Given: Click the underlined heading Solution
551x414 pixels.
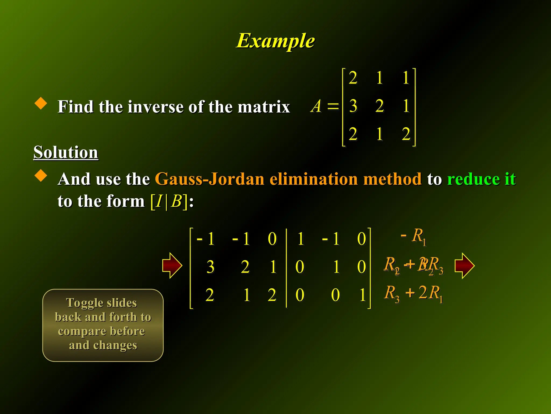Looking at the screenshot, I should [66, 152].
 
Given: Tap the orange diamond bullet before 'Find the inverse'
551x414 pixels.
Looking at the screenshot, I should [41, 103].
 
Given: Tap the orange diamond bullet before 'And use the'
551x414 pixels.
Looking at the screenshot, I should [41, 175].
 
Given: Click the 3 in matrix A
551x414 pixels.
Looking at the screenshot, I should [353, 106].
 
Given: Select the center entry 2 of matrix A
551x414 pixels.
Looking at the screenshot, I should [379, 106].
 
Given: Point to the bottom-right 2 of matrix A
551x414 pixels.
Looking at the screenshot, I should [406, 134].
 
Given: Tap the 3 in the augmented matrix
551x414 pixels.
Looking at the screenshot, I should [210, 267].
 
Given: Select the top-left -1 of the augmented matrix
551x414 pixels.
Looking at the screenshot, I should [206, 239].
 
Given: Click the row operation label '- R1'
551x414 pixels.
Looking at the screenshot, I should [414, 236].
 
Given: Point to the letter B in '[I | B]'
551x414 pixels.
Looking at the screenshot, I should [176, 201].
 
